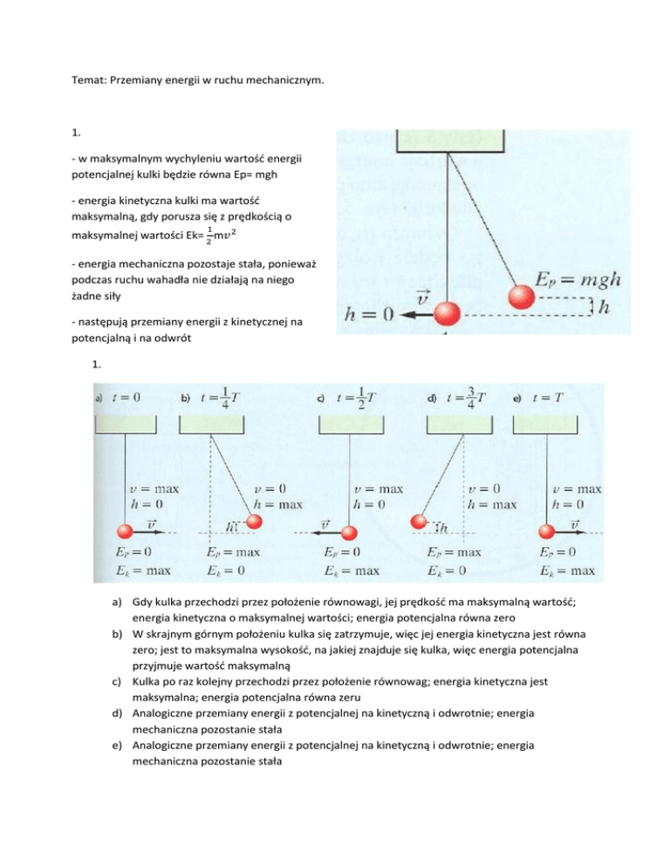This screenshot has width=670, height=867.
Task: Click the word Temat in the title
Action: tap(85, 81)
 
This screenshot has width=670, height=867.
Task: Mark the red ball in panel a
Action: tap(127, 531)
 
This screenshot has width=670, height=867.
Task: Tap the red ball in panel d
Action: tap(420, 522)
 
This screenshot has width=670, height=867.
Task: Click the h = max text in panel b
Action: tap(272, 503)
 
